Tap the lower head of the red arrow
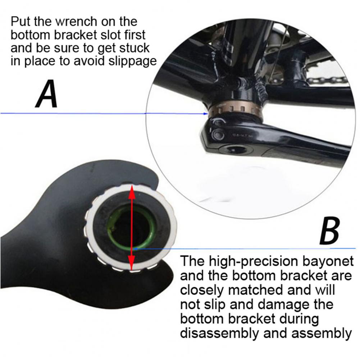(131, 263)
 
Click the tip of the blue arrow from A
(208, 114)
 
